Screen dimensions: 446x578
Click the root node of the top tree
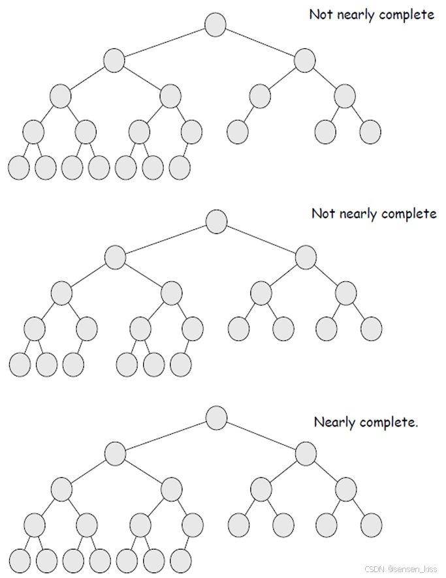[x=215, y=25]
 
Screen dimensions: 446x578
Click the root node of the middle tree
[x=216, y=222]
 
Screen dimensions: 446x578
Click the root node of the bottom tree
[x=216, y=417]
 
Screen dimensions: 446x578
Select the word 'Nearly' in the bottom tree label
[x=335, y=423]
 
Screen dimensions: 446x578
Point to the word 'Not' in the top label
[x=320, y=14]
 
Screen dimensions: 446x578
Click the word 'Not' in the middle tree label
[x=323, y=213]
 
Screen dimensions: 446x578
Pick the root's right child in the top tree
[x=304, y=61]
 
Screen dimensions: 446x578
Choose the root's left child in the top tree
[x=114, y=61]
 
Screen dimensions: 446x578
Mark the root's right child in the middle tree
[x=306, y=257]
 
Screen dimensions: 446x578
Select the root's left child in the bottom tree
[x=115, y=453]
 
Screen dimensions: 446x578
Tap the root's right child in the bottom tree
[x=306, y=453]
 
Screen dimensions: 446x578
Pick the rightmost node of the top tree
[x=370, y=132]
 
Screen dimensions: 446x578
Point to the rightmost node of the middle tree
[x=371, y=328]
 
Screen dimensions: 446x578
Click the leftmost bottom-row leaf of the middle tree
[x=20, y=364]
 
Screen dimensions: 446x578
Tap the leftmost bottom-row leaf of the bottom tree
[x=20, y=560]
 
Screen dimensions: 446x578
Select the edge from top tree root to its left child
[x=165, y=42]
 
